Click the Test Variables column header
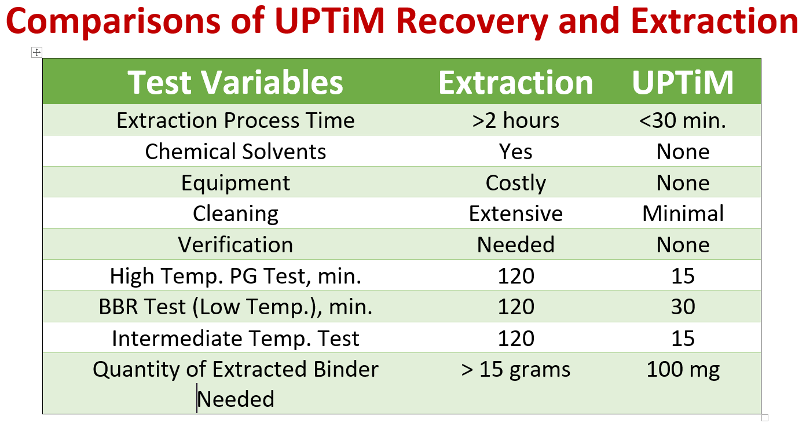pyautogui.click(x=235, y=82)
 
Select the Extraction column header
pyautogui.click(x=515, y=82)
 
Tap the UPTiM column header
pyautogui.click(x=683, y=82)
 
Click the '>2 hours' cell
pyautogui.click(x=515, y=120)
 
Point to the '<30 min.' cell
pyautogui.click(x=683, y=120)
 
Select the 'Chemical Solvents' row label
pyautogui.click(x=235, y=152)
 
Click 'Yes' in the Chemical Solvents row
pyautogui.click(x=515, y=152)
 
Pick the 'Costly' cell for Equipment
pyautogui.click(x=515, y=183)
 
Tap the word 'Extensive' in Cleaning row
pyautogui.click(x=515, y=214)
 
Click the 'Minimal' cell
pyautogui.click(x=683, y=214)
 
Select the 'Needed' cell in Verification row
pyautogui.click(x=515, y=245)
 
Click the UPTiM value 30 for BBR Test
pyautogui.click(x=683, y=307)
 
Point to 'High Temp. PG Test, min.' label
pyautogui.click(x=235, y=276)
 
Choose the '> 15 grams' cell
pyautogui.click(x=515, y=369)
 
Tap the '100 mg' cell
pyautogui.click(x=683, y=369)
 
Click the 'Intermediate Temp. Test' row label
pyautogui.click(x=235, y=338)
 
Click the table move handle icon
pyautogui.click(x=36, y=53)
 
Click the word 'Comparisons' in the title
pyautogui.click(x=114, y=21)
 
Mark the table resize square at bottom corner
pyautogui.click(x=764, y=417)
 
